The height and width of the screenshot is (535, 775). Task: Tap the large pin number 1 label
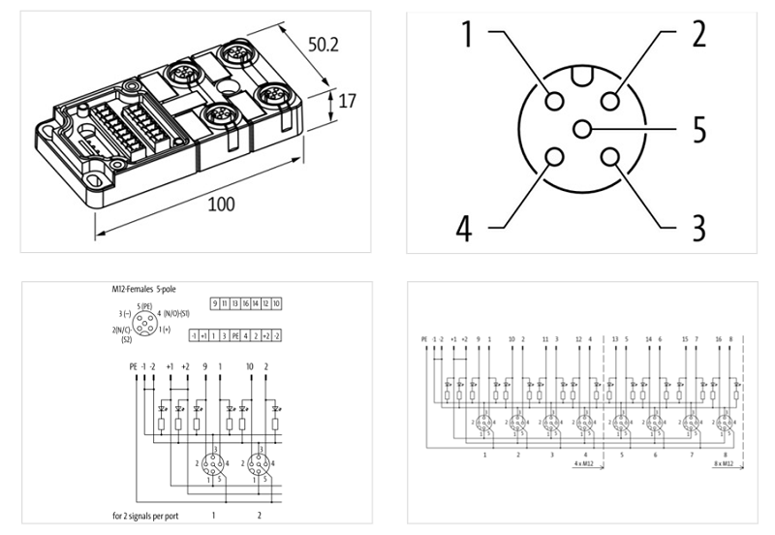(x=467, y=35)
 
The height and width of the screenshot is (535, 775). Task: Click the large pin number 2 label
(x=697, y=35)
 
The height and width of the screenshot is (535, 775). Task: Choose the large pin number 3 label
(x=697, y=229)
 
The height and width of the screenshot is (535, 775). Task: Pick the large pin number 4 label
(x=466, y=229)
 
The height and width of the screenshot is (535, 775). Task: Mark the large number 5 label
(x=697, y=128)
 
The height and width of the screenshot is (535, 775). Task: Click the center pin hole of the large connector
(x=581, y=129)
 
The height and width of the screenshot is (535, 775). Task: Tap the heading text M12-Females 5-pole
(x=146, y=289)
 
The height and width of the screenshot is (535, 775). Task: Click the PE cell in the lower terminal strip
(x=234, y=334)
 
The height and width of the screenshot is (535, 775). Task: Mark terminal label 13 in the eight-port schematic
(x=615, y=339)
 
